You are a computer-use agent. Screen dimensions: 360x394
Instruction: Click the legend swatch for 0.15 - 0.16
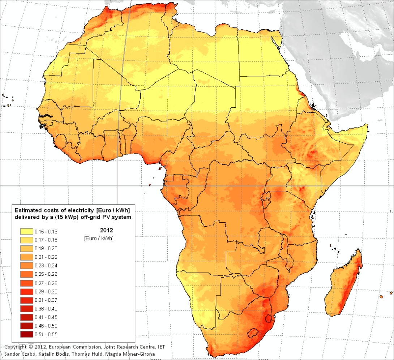point(26,231)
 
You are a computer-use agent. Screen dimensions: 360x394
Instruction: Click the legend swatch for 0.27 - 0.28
point(26,283)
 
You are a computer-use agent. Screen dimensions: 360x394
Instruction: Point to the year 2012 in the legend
point(106,230)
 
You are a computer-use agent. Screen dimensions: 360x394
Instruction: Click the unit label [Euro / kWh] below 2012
point(98,238)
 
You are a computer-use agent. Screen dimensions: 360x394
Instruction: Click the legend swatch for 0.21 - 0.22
point(26,257)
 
